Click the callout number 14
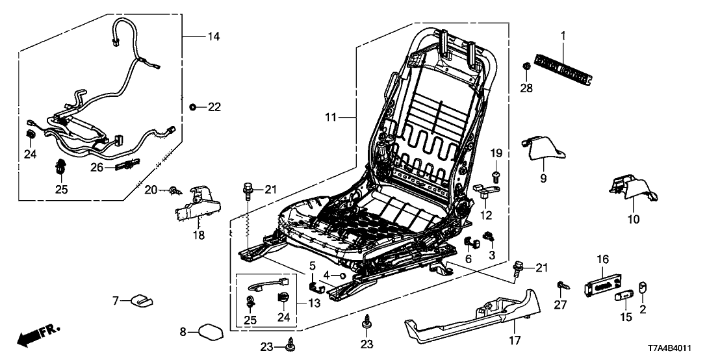(x=212, y=37)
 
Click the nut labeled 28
(x=527, y=66)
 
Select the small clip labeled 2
(x=643, y=287)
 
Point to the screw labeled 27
(x=560, y=286)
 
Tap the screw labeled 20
(x=174, y=190)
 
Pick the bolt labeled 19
(x=497, y=174)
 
